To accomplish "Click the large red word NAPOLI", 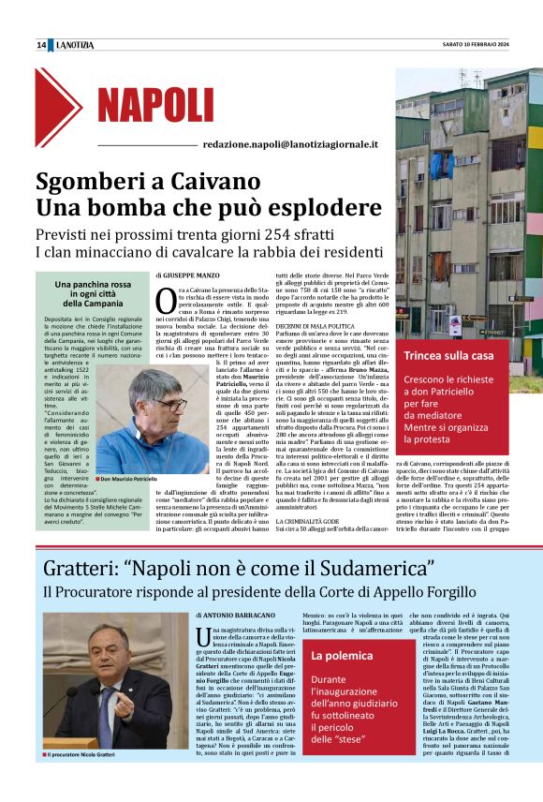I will point(154,105).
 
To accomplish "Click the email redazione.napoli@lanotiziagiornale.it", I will point(290,145).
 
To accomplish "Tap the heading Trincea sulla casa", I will point(448,356).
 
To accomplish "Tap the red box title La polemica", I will point(343,656).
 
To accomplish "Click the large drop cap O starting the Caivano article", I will point(166,301).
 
